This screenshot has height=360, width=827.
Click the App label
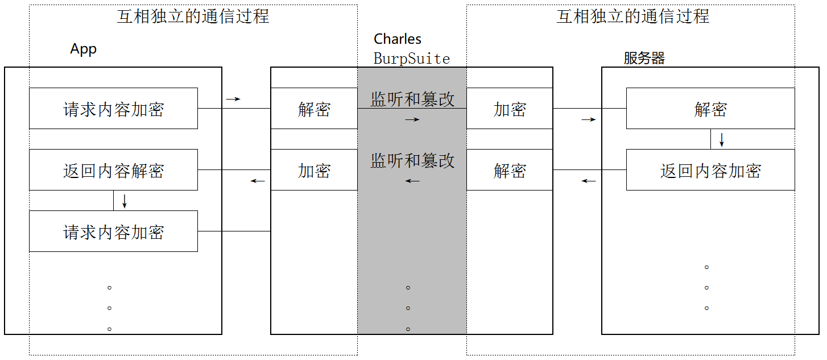pyautogui.click(x=84, y=49)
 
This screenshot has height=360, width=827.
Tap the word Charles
pyautogui.click(x=398, y=39)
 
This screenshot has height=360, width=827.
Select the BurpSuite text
pyautogui.click(x=412, y=59)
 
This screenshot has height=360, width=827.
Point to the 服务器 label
pyautogui.click(x=644, y=58)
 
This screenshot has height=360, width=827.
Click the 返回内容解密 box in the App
pyautogui.click(x=113, y=170)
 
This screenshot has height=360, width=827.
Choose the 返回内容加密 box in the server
pyautogui.click(x=710, y=170)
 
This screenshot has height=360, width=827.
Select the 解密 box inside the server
pyautogui.click(x=710, y=109)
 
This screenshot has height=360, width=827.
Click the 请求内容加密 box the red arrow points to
pyautogui.click(x=113, y=231)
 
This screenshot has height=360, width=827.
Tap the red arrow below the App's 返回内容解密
pyautogui.click(x=125, y=201)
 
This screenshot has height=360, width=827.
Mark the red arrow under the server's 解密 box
pyautogui.click(x=722, y=139)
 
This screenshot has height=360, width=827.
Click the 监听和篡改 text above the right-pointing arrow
pyautogui.click(x=412, y=100)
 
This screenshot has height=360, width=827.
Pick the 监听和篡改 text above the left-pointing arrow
pyautogui.click(x=412, y=161)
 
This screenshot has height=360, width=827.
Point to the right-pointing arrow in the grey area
pyautogui.click(x=412, y=119)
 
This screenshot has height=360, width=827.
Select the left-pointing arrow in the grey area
pyautogui.click(x=412, y=181)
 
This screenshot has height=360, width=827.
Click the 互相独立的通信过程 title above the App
pyautogui.click(x=193, y=16)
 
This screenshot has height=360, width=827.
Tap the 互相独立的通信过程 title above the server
pyautogui.click(x=633, y=16)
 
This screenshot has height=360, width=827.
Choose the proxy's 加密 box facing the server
pyautogui.click(x=510, y=109)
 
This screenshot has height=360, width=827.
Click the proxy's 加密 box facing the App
pyautogui.click(x=314, y=170)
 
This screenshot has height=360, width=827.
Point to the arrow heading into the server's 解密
pyautogui.click(x=589, y=119)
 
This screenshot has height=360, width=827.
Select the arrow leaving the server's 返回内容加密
pyautogui.click(x=589, y=181)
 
